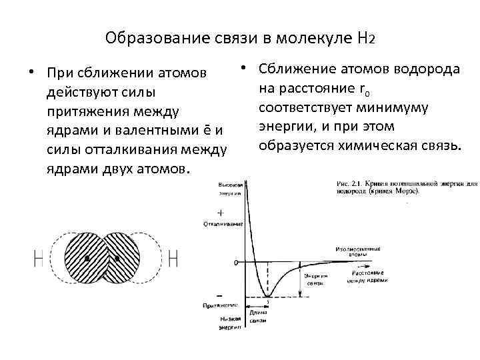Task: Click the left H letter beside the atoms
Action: click(x=38, y=258)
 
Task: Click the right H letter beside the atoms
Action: click(x=174, y=258)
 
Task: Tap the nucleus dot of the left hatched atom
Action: click(x=87, y=258)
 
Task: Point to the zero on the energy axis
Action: click(x=235, y=262)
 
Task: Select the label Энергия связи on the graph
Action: click(x=314, y=279)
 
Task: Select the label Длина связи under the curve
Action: click(x=257, y=316)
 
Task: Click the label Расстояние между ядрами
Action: click(x=366, y=277)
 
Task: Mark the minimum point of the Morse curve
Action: click(x=268, y=296)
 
